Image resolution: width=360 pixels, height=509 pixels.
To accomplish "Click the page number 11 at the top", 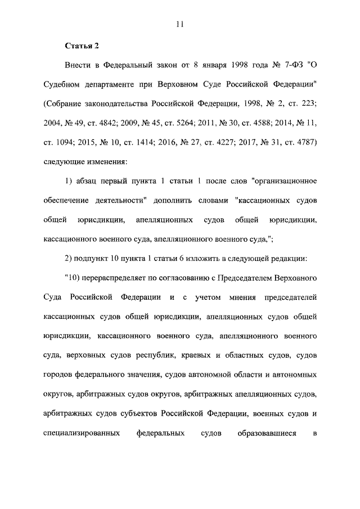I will pos(180,24).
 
